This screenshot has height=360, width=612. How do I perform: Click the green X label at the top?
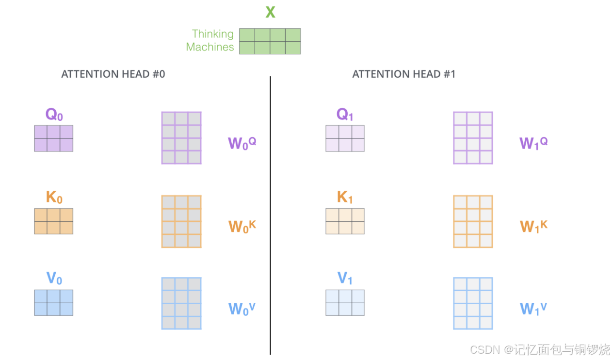pos(270,12)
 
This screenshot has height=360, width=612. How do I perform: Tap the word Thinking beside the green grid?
pos(212,34)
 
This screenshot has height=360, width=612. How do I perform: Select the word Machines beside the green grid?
pos(209,47)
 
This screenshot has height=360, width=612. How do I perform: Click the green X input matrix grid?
pos(270,41)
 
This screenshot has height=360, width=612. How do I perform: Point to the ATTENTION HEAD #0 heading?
pos(113,74)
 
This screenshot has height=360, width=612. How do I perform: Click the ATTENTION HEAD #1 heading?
pos(403,74)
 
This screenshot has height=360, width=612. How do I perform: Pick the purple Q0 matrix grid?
pos(54,138)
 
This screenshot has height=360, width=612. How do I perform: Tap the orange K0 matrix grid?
pos(54,221)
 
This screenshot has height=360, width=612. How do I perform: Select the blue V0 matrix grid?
pos(54,302)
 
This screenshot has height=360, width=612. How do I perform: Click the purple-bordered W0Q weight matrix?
pos(181,138)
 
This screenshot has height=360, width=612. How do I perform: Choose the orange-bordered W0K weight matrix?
pos(181,221)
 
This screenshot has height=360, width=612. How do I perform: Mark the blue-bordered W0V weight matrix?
pos(181,303)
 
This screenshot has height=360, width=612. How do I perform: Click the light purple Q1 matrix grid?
pos(345,138)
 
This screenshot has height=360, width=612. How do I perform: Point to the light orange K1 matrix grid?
pos(345,221)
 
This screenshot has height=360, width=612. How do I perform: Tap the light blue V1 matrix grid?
pos(345,302)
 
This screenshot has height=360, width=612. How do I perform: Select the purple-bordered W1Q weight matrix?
pos(473,138)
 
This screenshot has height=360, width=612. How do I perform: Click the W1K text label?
pos(534,226)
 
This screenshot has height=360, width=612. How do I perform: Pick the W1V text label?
pos(534,309)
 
